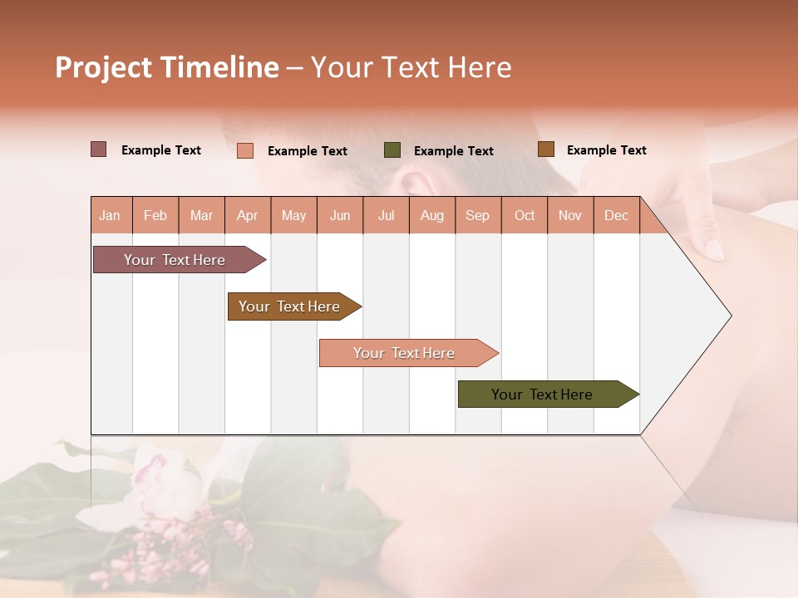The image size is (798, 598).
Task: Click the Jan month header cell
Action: point(111,215)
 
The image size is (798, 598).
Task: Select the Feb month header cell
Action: point(155,215)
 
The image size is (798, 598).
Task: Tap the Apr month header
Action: point(248,215)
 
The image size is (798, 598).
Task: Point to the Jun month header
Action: point(340,215)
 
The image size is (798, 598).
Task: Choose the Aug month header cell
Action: point(432,215)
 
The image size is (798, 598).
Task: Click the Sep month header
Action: point(478,215)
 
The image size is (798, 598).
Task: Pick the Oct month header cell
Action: point(525,215)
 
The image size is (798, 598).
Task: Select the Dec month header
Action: point(617,215)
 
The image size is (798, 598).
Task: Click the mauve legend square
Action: point(99,149)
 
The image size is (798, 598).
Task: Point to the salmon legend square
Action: point(245,150)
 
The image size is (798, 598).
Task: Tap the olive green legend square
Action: point(392,150)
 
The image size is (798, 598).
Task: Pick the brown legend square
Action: point(546,149)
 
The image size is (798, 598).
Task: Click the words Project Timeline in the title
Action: point(167,67)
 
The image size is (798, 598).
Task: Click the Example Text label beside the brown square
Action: point(606,150)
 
